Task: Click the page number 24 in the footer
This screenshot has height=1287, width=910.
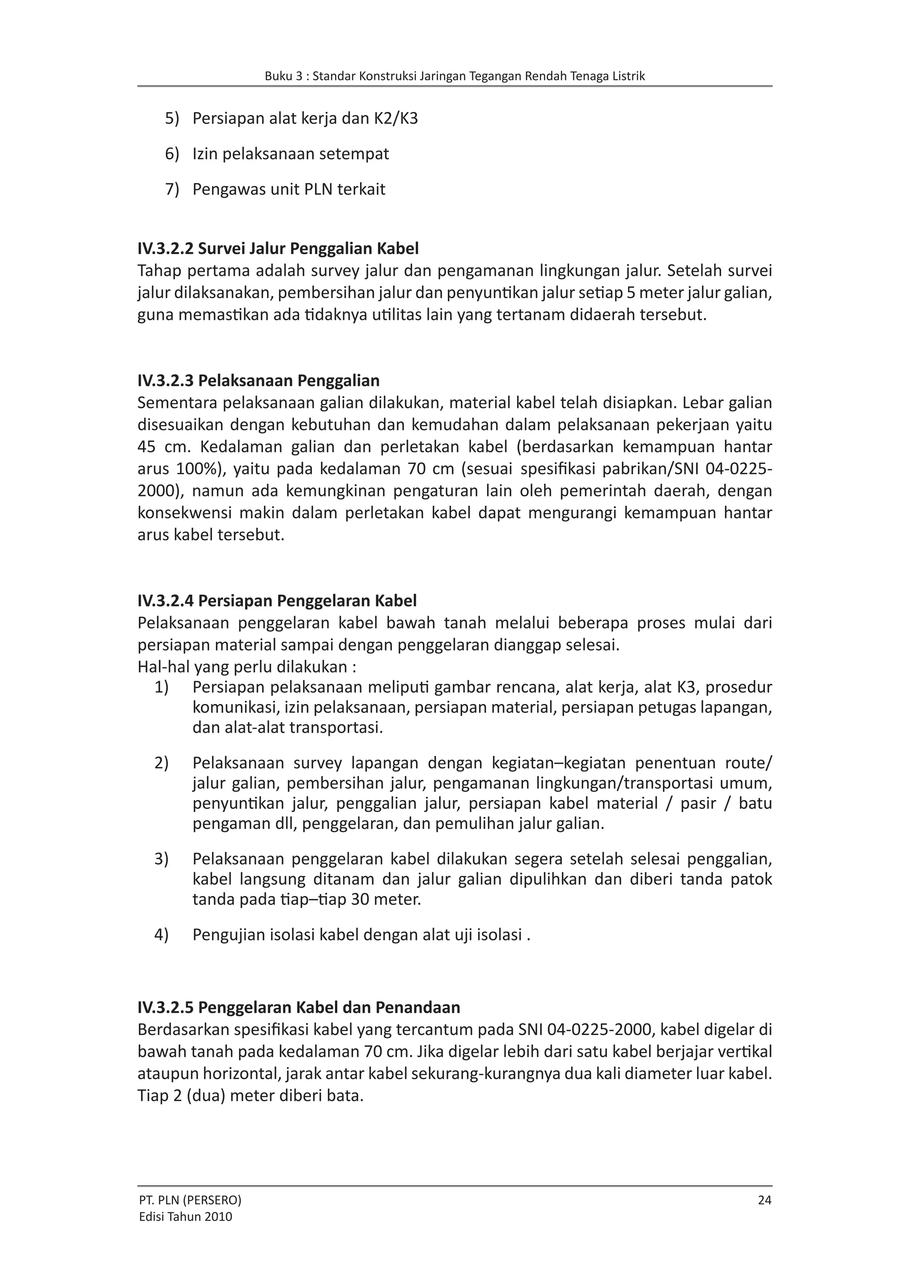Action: pos(764,1200)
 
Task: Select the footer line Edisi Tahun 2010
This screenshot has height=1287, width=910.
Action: pos(185,1216)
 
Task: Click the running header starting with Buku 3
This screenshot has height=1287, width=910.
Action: pos(455,76)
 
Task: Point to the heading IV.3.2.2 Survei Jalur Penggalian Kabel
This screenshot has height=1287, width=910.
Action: pos(278,248)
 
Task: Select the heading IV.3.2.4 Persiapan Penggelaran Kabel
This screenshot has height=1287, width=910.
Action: pos(277,601)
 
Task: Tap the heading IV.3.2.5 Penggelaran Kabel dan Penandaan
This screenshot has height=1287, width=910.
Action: pos(299,1007)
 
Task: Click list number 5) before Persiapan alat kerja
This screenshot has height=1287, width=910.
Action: pos(172,119)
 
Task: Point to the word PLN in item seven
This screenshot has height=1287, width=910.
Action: pos(318,189)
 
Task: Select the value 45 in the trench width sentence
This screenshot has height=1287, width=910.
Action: pos(147,447)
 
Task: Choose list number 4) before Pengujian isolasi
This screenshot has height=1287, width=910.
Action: pos(161,935)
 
